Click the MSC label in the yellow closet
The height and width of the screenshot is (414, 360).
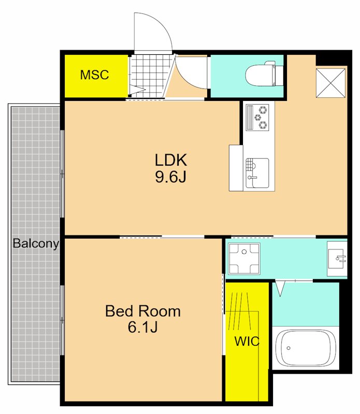click(94, 75)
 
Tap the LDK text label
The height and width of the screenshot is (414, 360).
click(171, 160)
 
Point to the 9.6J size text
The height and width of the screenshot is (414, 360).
click(171, 176)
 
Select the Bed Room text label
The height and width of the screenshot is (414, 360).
click(143, 311)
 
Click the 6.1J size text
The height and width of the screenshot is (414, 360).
click(143, 327)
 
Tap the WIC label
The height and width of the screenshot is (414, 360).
click(247, 342)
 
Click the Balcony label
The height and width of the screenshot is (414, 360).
click(36, 243)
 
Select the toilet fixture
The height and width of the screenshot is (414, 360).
click(264, 75)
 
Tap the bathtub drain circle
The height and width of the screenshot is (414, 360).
click(289, 348)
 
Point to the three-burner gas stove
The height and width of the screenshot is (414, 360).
click(257, 117)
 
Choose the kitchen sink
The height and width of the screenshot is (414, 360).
click(257, 173)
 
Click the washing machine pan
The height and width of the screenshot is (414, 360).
click(244, 258)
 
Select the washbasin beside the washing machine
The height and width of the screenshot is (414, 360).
click(337, 258)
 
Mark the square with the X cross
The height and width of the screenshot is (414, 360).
click(330, 83)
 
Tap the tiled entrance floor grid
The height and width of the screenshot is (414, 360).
click(151, 76)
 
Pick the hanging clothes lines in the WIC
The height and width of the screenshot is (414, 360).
click(239, 311)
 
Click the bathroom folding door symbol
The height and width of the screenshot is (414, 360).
click(280, 288)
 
